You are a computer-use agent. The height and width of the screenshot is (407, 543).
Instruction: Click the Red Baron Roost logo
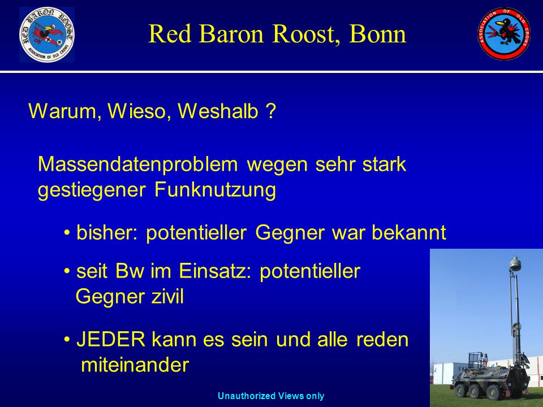[47, 34]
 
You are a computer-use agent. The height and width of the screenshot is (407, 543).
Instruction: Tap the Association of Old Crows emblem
[504, 33]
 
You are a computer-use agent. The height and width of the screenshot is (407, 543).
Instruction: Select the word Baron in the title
[231, 34]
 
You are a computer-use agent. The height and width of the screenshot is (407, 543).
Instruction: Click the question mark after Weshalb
[271, 111]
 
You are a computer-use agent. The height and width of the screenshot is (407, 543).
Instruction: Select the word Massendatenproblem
[138, 164]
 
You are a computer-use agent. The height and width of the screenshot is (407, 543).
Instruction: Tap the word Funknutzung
[215, 190]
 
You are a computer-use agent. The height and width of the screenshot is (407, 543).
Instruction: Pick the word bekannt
[408, 232]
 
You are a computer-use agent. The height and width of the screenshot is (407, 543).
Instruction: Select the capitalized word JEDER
[111, 339]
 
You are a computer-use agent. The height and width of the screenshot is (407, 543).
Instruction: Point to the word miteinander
[135, 365]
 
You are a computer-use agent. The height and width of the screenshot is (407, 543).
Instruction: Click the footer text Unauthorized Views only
[271, 396]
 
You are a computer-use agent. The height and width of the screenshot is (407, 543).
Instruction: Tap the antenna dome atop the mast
[515, 264]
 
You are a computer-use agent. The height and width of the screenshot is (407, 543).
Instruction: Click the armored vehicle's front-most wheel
[462, 391]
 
